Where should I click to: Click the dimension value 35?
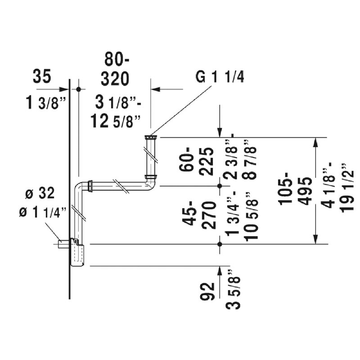click(41, 76)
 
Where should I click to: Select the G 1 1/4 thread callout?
click(220, 77)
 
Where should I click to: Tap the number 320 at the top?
click(115, 79)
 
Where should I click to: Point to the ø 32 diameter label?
click(40, 193)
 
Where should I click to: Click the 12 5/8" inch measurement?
click(115, 121)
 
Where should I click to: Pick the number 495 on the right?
click(305, 191)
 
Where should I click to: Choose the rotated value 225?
click(206, 162)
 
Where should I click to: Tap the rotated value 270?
click(209, 215)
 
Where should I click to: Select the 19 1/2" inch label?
click(346, 188)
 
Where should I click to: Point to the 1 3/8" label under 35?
click(46, 103)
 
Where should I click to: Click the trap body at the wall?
click(77, 252)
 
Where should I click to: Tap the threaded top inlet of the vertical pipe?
click(151, 138)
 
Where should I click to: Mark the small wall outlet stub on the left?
click(63, 244)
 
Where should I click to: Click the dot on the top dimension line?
click(78, 89)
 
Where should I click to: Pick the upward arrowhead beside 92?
click(220, 271)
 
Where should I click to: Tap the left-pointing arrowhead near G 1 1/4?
click(155, 89)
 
